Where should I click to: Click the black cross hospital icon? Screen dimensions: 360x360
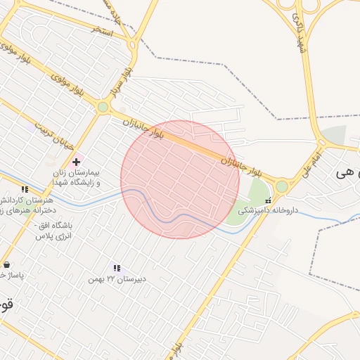pos(76,162)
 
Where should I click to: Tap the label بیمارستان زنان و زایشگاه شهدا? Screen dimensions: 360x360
pos(76,177)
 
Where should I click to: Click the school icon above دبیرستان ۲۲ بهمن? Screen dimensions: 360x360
pos(117,268)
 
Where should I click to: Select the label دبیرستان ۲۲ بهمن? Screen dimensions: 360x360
pos(117,279)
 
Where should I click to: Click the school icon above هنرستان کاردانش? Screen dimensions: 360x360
pos(25,189)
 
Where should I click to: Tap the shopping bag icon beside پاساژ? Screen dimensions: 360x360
pos(7,265)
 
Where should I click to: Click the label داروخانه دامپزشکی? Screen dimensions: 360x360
pos(268,210)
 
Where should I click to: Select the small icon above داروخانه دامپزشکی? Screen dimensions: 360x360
pos(267,200)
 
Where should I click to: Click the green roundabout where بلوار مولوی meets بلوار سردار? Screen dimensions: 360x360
pos(103,107)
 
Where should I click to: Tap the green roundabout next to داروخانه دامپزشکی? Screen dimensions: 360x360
pos(282,186)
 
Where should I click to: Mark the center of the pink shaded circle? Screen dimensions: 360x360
pos(180,179)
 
